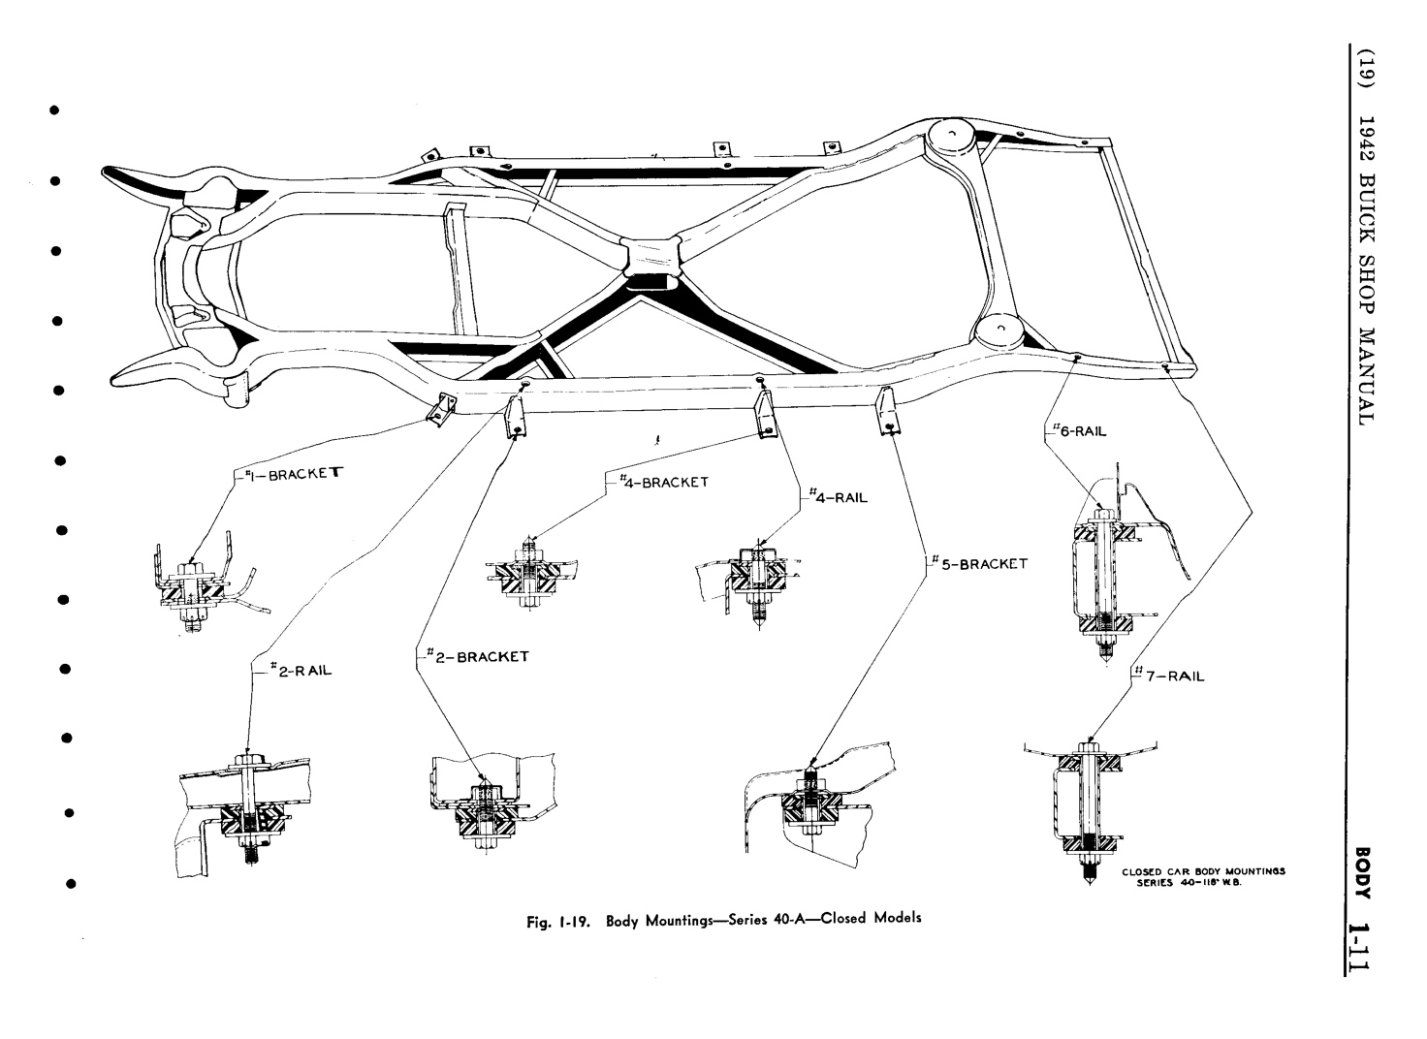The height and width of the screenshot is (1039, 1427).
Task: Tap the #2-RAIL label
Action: (296, 670)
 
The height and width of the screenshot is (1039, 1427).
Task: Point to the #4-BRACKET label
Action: (662, 481)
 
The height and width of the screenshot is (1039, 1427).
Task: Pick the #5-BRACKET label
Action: (979, 563)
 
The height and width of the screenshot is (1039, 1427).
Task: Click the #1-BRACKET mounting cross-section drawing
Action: (200, 585)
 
